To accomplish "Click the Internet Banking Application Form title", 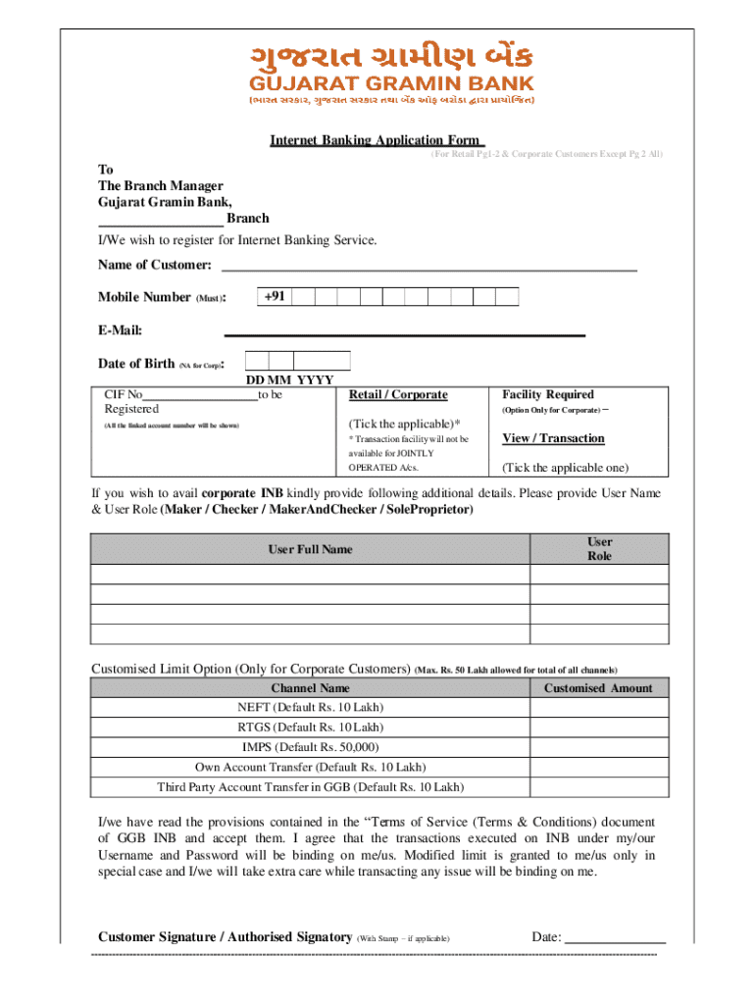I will (x=377, y=140).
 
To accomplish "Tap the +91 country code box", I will (x=275, y=296).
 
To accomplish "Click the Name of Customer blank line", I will (x=429, y=266).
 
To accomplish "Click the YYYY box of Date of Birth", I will (x=322, y=361).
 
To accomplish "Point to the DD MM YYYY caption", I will (x=289, y=380).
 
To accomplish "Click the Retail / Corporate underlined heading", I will (x=398, y=394).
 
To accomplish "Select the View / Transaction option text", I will (x=553, y=438).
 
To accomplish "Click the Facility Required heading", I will (x=547, y=394).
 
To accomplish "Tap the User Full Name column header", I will (x=310, y=549).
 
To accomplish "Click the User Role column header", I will (x=599, y=549).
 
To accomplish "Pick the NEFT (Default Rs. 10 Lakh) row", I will (x=310, y=707).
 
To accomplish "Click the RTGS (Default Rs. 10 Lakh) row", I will (x=310, y=728).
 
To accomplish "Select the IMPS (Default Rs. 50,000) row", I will (x=310, y=747).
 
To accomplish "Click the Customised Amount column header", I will (x=598, y=688).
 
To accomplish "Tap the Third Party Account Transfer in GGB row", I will (x=310, y=787).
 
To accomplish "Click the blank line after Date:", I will (x=616, y=938).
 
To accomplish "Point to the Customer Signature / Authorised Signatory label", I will (x=225, y=937).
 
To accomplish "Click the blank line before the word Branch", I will (x=160, y=220).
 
